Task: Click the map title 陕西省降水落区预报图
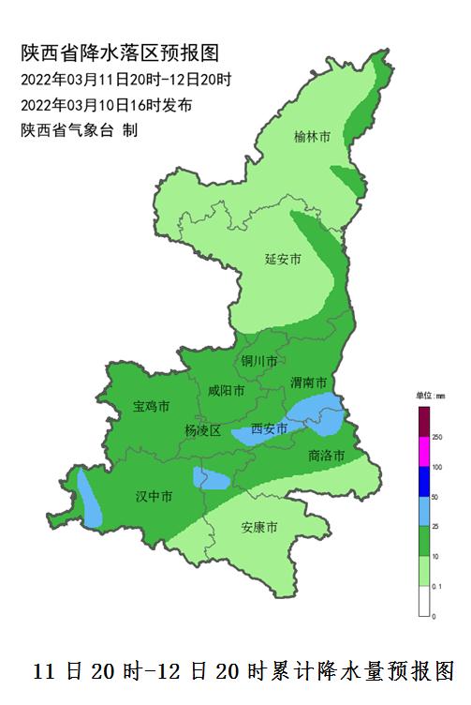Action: [122, 53]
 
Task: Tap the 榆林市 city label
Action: [312, 137]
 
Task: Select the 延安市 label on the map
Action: [282, 260]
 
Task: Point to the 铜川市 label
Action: [259, 361]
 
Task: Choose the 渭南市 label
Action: [308, 382]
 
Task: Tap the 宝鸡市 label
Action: [151, 407]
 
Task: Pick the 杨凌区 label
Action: [202, 430]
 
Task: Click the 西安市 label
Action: [270, 429]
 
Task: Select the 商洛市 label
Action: [326, 456]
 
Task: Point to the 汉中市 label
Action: [154, 495]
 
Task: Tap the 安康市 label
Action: [259, 528]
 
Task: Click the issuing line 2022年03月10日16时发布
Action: [107, 105]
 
